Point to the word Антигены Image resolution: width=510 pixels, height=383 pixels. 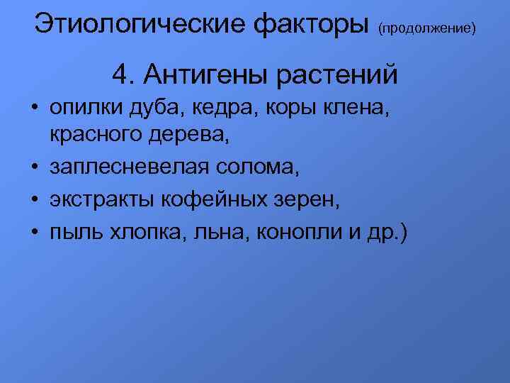[200, 74]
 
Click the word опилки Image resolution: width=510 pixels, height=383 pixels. [85, 109]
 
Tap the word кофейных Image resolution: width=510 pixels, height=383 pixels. [208, 200]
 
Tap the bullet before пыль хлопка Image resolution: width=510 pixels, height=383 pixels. [34, 233]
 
